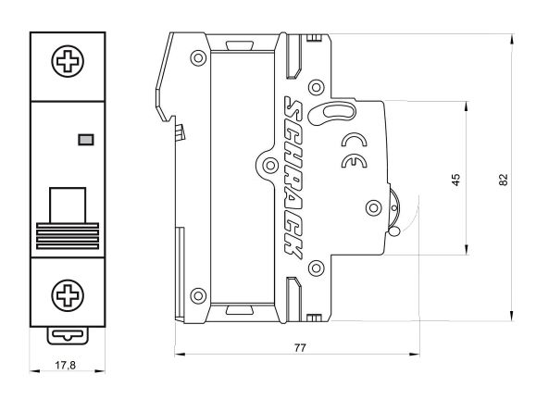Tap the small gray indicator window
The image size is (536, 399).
[x=86, y=140]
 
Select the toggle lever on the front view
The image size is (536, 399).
[x=67, y=202]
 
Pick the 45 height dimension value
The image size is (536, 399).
[x=455, y=179]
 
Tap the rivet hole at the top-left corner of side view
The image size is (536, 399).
[x=198, y=57]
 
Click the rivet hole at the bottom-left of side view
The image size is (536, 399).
[x=197, y=296]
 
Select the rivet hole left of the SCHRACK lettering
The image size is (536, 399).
[x=268, y=166]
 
